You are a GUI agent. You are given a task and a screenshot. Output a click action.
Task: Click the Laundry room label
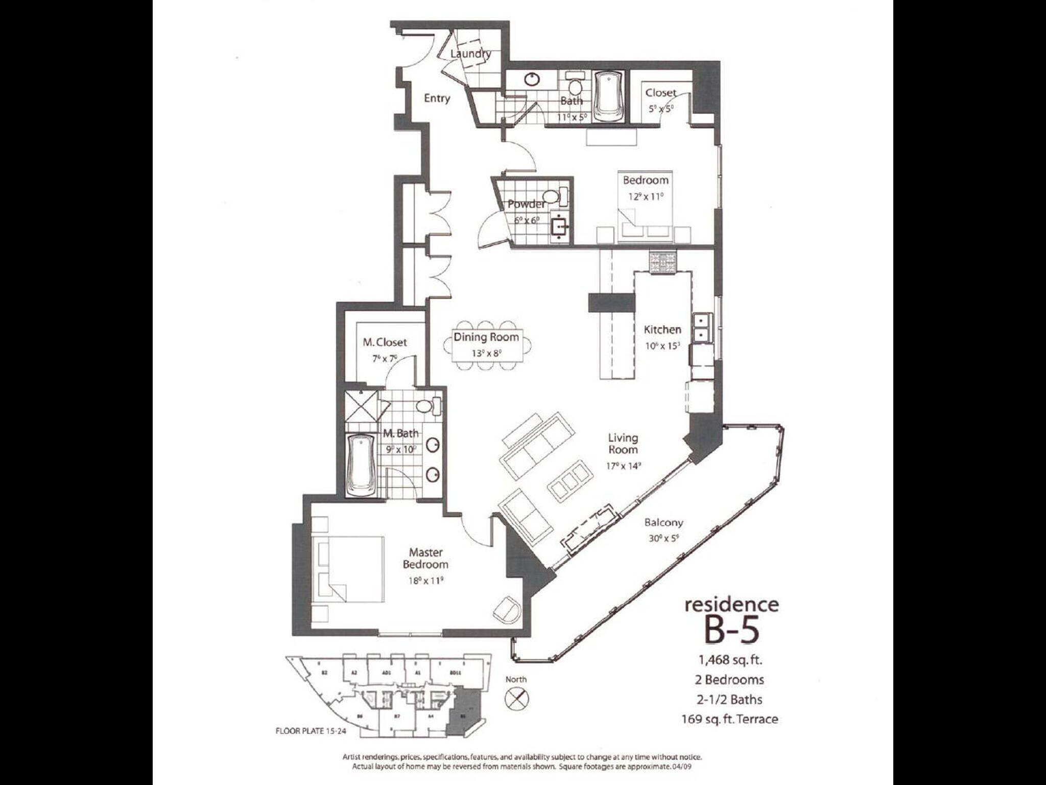[x=470, y=54]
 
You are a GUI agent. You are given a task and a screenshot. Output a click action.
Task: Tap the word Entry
[x=437, y=98]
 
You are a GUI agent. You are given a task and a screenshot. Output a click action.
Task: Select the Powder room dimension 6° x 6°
[x=527, y=221]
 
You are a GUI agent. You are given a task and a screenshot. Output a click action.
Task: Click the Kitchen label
[x=662, y=330]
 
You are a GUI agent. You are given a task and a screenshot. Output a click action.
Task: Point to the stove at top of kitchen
[x=663, y=262]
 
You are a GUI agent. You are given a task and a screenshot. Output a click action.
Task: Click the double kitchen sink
[x=703, y=328]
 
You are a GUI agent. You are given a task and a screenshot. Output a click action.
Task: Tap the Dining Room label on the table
[x=486, y=337]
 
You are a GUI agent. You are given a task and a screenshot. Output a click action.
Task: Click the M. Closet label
[x=385, y=342]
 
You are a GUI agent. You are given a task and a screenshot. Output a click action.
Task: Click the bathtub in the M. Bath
[x=361, y=464]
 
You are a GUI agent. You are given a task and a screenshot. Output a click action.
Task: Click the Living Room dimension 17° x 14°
[x=623, y=466]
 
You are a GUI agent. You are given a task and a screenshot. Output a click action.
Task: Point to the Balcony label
[x=663, y=522]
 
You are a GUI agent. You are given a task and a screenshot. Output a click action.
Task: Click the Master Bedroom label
[x=425, y=558]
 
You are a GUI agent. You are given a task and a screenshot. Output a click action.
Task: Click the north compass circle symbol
[x=517, y=699]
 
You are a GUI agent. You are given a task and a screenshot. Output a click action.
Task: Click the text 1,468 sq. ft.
[x=730, y=660]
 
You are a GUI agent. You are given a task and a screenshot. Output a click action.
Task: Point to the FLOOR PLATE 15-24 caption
[x=311, y=731]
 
